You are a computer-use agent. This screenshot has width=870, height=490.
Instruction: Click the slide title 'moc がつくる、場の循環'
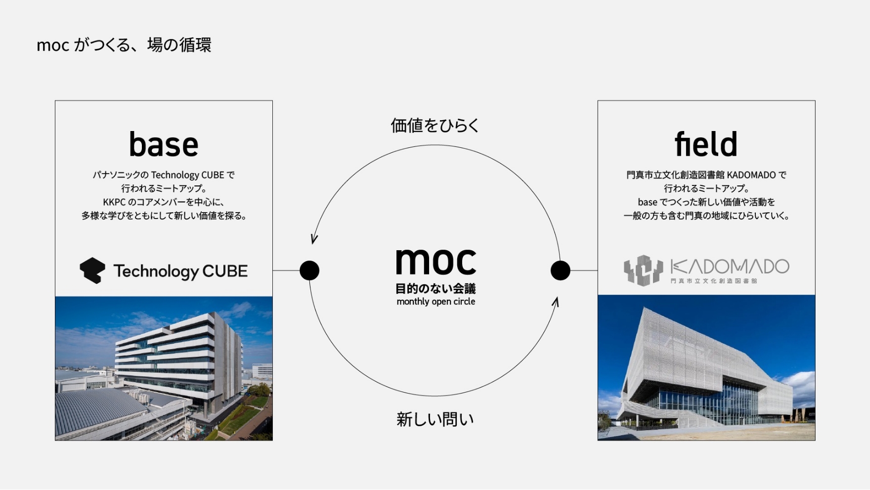124,45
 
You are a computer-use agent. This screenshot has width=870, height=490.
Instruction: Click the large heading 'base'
164,144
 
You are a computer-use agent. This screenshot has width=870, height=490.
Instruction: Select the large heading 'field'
706,143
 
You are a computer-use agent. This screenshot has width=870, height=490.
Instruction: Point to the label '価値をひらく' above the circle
435,126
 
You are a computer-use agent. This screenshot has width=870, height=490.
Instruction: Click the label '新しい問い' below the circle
435,419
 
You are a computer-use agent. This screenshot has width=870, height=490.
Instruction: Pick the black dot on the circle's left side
309,270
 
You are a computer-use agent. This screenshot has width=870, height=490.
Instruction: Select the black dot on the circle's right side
561,270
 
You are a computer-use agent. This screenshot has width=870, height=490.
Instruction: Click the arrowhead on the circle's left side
314,239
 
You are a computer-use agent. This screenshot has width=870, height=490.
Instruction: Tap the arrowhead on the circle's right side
556,302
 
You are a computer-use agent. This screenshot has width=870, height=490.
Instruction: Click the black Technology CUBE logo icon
92,270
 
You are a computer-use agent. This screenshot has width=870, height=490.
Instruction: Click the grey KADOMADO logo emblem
643,270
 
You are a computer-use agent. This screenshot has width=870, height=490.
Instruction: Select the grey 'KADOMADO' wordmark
730,267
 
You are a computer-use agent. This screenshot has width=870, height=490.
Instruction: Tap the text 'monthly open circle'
436,302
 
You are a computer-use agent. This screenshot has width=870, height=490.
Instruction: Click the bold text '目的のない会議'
435,288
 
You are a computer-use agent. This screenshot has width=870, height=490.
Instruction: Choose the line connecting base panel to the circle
286,270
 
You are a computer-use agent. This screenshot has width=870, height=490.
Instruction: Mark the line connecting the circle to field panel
584,270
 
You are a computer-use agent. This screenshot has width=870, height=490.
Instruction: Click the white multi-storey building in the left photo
178,361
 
